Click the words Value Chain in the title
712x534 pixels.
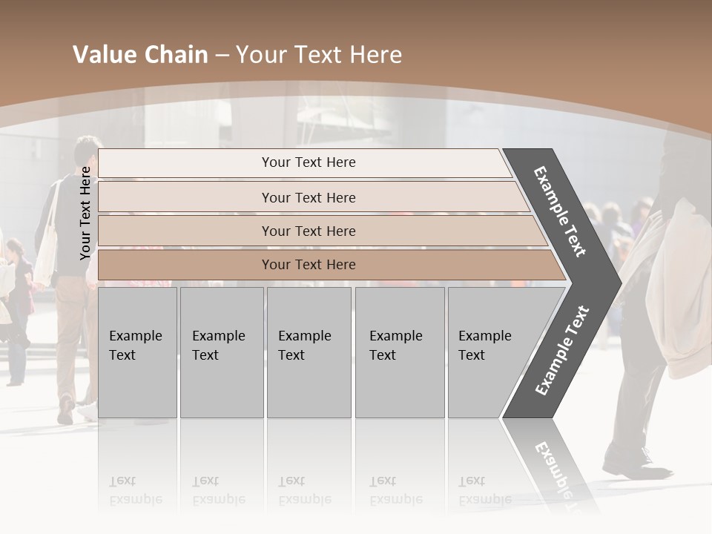click(x=140, y=55)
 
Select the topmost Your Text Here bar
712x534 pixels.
click(x=308, y=162)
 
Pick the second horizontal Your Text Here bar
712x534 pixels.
click(x=308, y=197)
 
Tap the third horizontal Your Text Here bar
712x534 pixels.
click(x=308, y=231)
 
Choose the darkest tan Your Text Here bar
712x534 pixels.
click(x=308, y=265)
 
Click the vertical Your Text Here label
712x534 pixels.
click(x=85, y=213)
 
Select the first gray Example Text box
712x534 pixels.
click(x=137, y=352)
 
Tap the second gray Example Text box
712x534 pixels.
click(x=221, y=352)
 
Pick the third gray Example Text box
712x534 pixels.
click(x=308, y=352)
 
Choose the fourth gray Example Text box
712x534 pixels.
click(x=399, y=352)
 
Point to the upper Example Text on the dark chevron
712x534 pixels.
click(x=560, y=211)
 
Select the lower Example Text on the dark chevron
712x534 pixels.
click(x=562, y=350)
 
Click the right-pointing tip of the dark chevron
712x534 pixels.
click(x=617, y=283)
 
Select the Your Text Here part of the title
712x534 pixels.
click(x=319, y=55)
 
